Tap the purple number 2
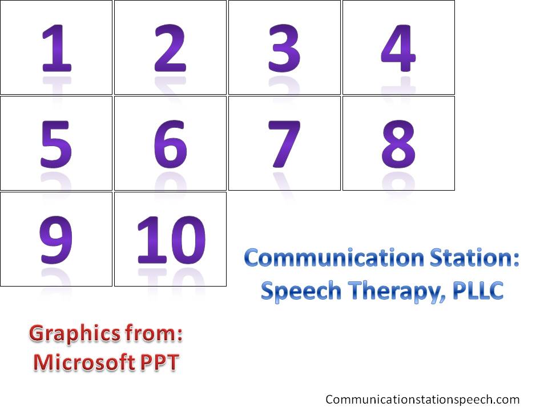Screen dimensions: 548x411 tap(170, 48)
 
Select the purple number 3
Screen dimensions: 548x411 tap(284, 48)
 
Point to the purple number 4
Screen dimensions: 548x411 tap(398, 48)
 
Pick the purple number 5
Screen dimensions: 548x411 tap(56, 144)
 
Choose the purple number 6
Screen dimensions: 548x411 tap(170, 144)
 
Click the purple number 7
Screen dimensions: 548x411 tap(284, 144)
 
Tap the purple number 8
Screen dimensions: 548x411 tap(398, 144)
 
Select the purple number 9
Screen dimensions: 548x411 tap(56, 240)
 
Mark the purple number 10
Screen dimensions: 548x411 tap(171, 240)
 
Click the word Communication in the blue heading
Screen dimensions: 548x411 tap(334, 257)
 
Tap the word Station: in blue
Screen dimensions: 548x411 tap(474, 257)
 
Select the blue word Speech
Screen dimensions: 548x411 tap(301, 291)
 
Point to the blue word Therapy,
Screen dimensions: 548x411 tap(397, 291)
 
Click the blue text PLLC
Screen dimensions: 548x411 tap(478, 291)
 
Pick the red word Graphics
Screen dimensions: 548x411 tap(75, 334)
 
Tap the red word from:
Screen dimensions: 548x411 tap(154, 333)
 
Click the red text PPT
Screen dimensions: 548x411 tap(160, 362)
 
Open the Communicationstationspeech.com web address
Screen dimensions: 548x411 tap(422, 400)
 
